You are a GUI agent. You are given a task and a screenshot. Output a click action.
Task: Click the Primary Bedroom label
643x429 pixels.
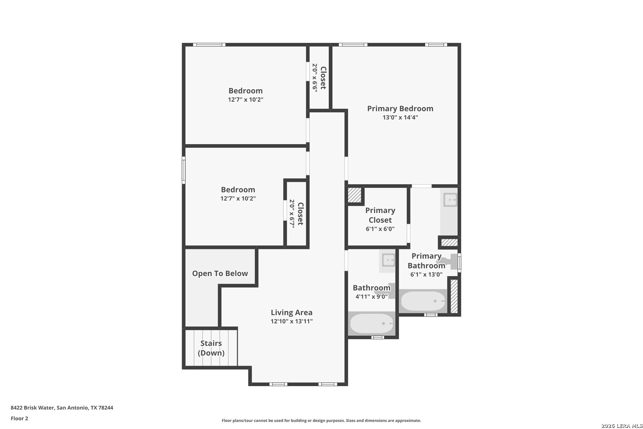[400, 108]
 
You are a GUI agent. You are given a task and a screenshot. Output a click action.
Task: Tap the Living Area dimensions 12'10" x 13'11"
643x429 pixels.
[291, 321]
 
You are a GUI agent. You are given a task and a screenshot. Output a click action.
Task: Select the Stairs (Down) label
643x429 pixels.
[211, 348]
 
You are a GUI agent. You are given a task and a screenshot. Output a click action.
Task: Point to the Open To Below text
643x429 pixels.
[220, 273]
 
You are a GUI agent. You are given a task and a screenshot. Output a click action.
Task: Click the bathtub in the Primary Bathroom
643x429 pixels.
[423, 301]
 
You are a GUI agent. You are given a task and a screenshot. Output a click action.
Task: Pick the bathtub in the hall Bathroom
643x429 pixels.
[372, 323]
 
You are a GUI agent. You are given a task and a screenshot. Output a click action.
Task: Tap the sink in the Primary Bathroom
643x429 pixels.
[450, 200]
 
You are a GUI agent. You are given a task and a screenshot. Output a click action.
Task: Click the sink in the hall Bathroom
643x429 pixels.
[389, 261]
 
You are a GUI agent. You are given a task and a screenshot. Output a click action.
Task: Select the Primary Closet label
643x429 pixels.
[380, 215]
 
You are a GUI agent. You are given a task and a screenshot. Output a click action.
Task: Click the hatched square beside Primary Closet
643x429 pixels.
[354, 195]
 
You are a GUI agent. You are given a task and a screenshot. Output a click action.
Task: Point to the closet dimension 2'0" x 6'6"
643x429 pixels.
[315, 78]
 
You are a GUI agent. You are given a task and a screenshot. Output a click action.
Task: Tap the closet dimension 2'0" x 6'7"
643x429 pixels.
[292, 214]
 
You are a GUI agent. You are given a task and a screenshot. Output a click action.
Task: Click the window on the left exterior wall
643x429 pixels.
[184, 170]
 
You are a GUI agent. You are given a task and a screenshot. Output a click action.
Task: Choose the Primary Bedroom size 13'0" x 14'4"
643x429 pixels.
[400, 117]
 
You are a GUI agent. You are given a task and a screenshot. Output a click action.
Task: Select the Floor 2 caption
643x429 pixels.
[19, 418]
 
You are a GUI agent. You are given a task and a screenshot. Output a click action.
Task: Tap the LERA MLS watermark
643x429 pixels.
[622, 426]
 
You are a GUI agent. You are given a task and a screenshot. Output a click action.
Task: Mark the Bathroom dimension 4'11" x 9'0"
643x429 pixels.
[372, 297]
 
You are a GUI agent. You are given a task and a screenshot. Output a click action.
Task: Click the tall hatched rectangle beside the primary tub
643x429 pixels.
[454, 296]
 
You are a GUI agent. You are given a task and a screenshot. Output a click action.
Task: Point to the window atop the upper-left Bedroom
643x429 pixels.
[209, 45]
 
